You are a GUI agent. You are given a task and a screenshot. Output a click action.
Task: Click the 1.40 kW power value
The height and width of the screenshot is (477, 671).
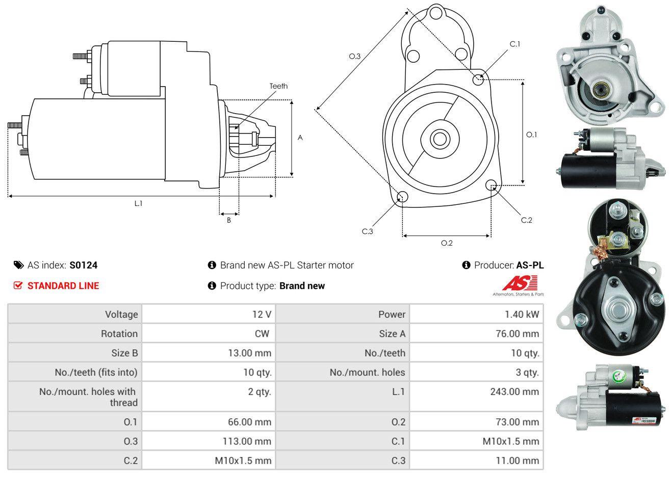point(522,314)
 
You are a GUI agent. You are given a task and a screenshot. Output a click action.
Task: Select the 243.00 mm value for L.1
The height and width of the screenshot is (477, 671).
point(516,392)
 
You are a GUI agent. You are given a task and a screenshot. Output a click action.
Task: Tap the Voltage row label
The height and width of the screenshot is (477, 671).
point(121,314)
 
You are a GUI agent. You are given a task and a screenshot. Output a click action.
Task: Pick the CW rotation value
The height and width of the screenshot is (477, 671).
point(262,334)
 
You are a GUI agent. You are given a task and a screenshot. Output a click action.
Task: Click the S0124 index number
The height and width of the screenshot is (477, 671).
point(84,265)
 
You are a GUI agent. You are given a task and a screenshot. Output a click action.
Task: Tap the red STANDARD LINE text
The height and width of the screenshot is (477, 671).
point(63,286)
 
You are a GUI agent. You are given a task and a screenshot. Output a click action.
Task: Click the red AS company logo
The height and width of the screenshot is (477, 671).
point(520,283)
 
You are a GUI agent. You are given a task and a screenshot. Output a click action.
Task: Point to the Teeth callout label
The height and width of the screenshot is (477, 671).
point(278,86)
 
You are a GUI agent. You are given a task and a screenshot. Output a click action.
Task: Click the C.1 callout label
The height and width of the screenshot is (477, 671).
point(515,44)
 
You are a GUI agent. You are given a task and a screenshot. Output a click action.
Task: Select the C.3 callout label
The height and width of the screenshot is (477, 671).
point(368,231)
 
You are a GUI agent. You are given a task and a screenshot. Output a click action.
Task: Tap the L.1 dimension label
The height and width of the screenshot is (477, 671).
point(138,203)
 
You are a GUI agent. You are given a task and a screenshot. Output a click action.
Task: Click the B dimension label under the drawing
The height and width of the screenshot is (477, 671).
point(229,220)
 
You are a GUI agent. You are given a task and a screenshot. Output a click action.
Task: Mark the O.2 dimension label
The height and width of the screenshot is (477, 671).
point(447,243)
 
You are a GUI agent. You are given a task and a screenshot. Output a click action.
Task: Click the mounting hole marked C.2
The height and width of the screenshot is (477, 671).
point(492,185)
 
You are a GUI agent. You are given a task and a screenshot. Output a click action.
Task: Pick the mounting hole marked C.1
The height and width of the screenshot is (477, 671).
point(478,79)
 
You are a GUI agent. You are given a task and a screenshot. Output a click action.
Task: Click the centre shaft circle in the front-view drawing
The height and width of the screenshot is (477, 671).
point(437,139)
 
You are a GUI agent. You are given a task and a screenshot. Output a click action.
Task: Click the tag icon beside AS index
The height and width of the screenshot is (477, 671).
point(18,265)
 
